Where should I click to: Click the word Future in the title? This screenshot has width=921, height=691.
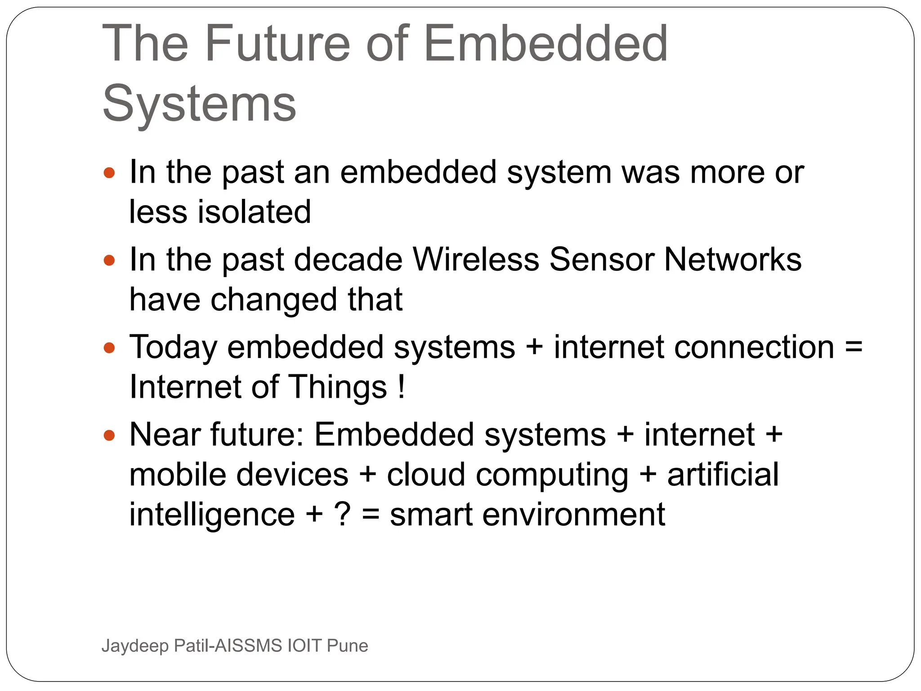277,44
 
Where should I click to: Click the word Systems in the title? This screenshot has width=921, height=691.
199,104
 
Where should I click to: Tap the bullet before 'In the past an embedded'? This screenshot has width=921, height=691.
109,173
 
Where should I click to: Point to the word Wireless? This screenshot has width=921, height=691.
476,260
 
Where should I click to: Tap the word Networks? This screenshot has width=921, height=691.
733,260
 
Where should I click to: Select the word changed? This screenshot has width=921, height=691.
274,300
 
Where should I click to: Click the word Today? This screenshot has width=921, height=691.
173,348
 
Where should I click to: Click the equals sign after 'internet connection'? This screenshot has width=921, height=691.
853,348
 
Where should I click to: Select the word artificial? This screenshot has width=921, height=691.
723,475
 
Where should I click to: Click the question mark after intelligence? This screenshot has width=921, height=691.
342,515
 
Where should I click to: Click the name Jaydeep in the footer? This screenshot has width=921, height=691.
135,646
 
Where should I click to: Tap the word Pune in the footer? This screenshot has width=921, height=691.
347,646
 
